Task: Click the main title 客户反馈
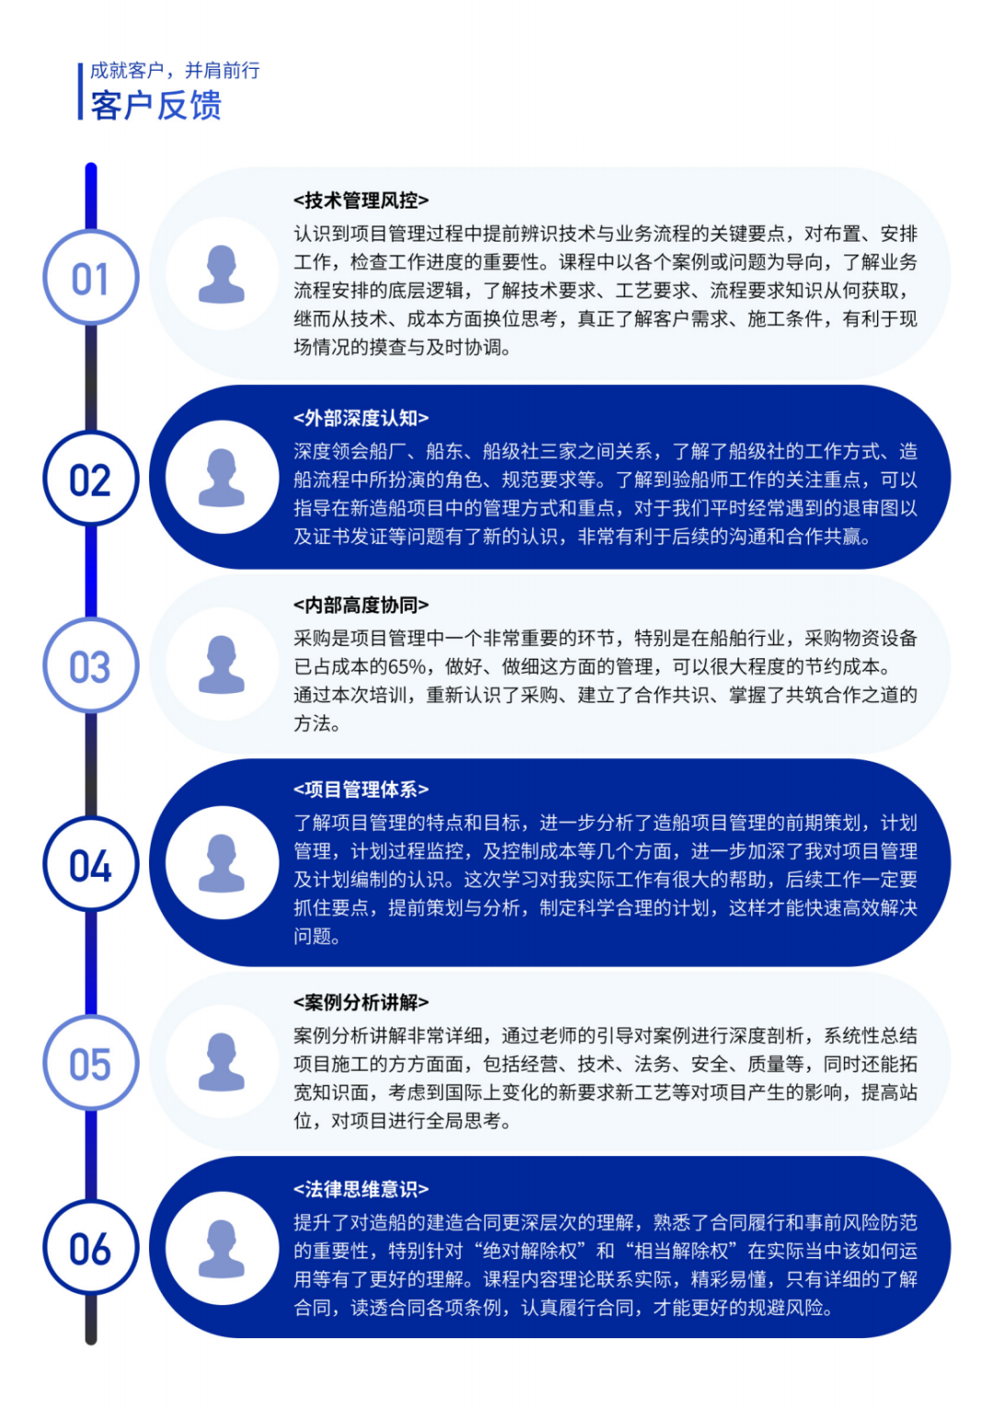click(156, 105)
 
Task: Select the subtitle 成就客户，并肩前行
click(175, 71)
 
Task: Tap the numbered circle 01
click(90, 278)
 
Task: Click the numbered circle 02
click(90, 478)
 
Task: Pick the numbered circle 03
click(90, 665)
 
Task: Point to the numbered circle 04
click(90, 864)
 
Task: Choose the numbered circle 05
click(90, 1062)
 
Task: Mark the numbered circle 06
click(90, 1247)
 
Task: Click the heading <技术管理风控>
click(361, 200)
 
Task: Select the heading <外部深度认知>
click(361, 418)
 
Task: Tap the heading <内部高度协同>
click(361, 605)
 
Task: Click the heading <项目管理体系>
click(361, 789)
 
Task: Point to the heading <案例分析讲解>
click(361, 1003)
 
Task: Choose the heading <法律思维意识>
click(361, 1189)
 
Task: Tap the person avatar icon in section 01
click(222, 274)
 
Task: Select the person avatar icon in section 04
click(222, 863)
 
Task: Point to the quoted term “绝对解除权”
click(531, 1251)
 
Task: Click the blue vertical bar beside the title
click(80, 91)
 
